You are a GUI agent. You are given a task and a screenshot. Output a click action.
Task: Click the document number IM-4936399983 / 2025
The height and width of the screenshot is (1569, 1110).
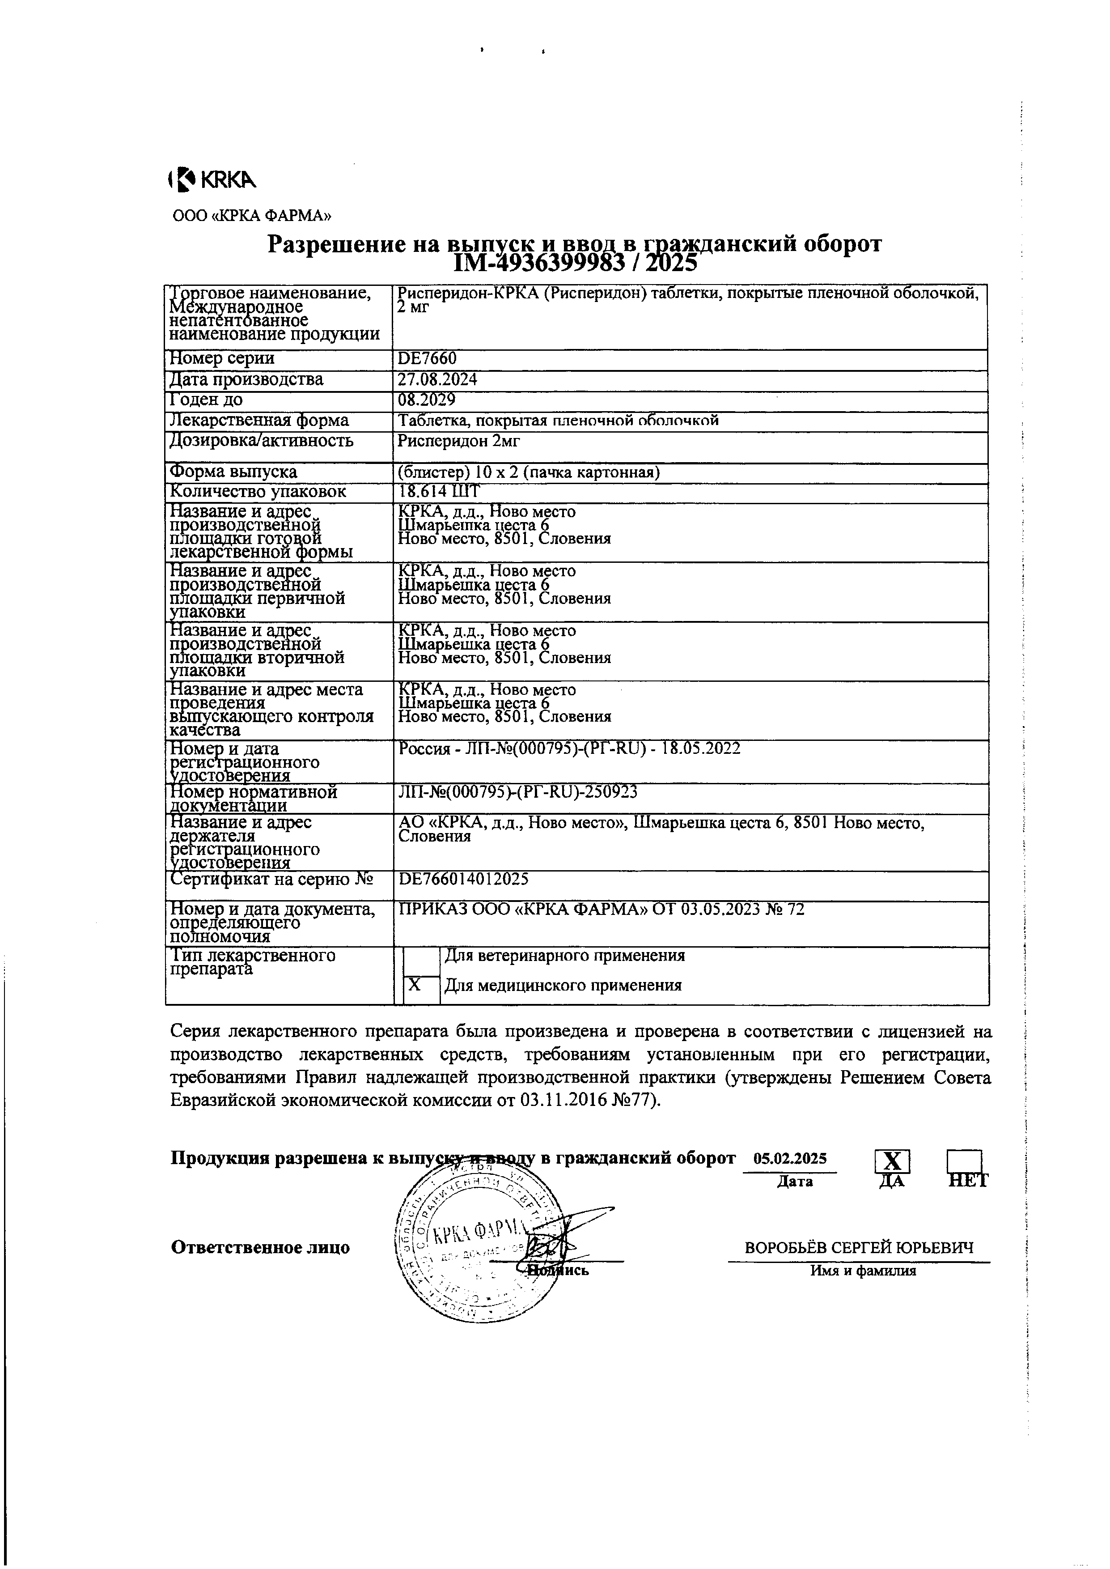(x=576, y=263)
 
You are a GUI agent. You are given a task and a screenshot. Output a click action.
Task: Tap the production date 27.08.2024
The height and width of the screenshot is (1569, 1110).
(x=437, y=379)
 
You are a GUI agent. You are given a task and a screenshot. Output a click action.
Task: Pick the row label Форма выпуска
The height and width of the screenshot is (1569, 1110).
(x=233, y=472)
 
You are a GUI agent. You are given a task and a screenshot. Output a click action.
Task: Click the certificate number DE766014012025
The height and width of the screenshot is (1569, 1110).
(x=463, y=879)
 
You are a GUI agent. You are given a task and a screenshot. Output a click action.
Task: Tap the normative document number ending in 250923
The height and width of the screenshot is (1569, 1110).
(x=517, y=792)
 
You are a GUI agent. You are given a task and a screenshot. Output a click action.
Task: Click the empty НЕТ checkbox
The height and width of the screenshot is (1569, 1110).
(x=964, y=1161)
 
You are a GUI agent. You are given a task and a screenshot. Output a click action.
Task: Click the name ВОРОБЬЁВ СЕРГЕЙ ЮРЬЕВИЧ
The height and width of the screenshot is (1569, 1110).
(x=859, y=1248)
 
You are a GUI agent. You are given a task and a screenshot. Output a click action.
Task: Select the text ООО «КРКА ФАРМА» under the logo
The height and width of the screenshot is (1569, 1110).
(x=251, y=216)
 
